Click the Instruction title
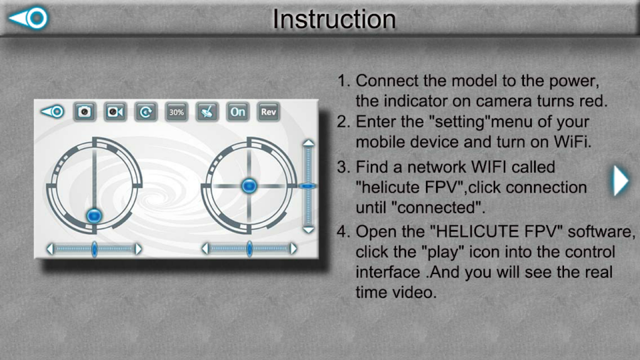(x=334, y=19)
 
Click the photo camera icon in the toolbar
(x=85, y=112)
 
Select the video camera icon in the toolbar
(x=115, y=112)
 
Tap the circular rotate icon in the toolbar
(x=146, y=112)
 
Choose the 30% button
(x=176, y=112)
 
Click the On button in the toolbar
(x=238, y=112)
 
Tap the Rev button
(x=268, y=112)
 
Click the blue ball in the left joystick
(x=94, y=215)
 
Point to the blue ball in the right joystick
(x=249, y=186)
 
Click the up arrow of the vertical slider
(x=309, y=142)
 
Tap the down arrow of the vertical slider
(x=309, y=230)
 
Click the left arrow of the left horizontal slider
(x=50, y=248)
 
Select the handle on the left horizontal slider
(x=94, y=248)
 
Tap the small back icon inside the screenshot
(x=53, y=112)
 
